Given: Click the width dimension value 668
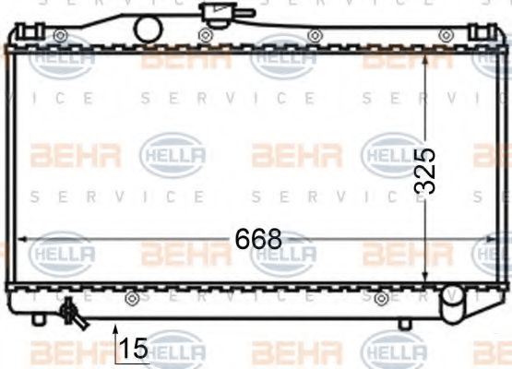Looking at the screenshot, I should click(x=258, y=240).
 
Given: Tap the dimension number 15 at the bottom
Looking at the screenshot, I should click(x=134, y=349).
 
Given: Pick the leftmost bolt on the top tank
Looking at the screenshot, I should click(x=60, y=36).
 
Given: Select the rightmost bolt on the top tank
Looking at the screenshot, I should click(x=447, y=35).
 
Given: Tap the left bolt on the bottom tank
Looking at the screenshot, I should click(x=131, y=298).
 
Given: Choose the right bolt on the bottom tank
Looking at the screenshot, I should click(x=382, y=298).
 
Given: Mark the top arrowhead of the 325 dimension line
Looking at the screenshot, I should click(x=424, y=55).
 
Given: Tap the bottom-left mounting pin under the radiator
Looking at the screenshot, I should click(x=37, y=320).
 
